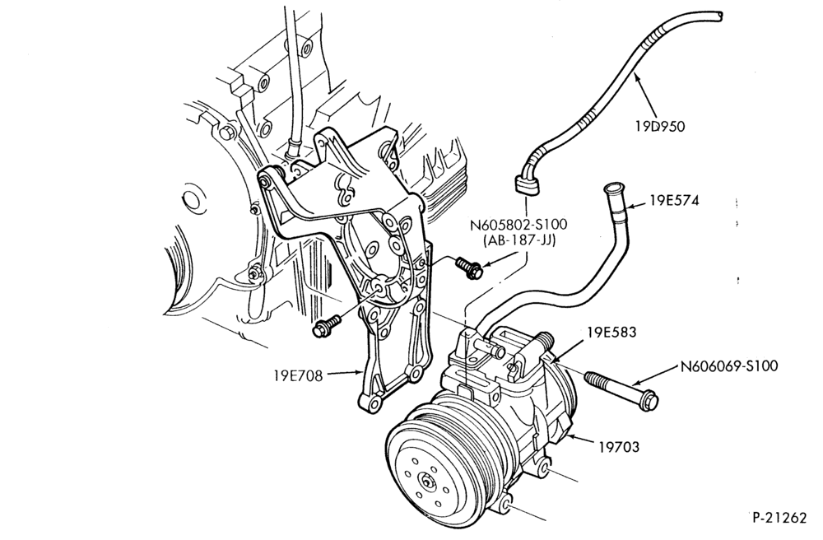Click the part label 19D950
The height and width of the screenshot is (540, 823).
coord(660,127)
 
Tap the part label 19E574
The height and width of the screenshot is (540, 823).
coord(675,201)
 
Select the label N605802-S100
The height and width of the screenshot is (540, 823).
coord(518,225)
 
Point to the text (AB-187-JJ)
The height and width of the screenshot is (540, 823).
coord(518,241)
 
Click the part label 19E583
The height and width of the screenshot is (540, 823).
coord(612,333)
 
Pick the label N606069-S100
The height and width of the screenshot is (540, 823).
coord(729,365)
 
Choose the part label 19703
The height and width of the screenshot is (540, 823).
coord(620,447)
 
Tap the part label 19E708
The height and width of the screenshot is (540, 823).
coord(298,375)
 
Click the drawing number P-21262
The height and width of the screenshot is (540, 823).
coord(779,518)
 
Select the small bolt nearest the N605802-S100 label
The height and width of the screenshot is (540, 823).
coord(469,267)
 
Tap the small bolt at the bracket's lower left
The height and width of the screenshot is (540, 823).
coord(325,325)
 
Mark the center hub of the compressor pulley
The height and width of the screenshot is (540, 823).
coord(426,480)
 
